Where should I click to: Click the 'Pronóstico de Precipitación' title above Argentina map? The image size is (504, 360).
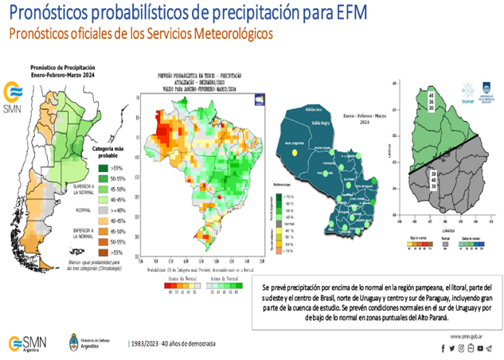pos(64,68)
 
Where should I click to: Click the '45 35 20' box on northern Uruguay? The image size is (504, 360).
pos(432,102)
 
